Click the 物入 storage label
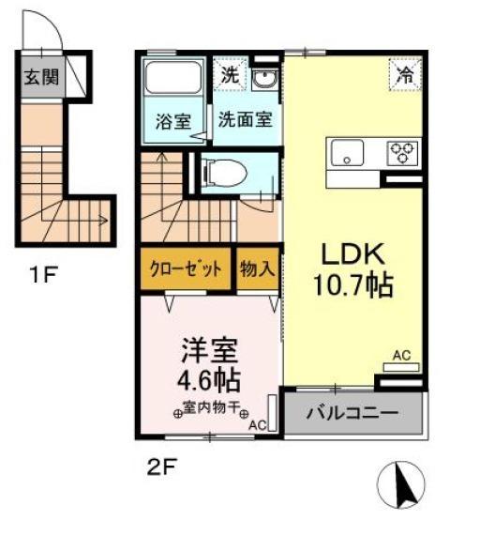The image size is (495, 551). click(256, 268)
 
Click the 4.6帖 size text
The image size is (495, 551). click(209, 380)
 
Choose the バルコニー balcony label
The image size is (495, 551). click(352, 413)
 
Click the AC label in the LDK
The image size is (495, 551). click(402, 355)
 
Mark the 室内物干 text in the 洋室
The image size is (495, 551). click(213, 407)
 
